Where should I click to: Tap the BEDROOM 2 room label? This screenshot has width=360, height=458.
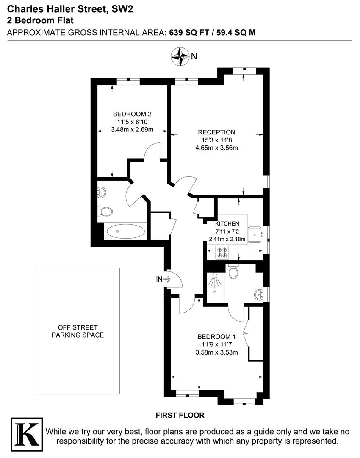[x=132, y=114]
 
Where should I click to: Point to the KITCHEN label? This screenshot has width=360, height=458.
[x=227, y=223]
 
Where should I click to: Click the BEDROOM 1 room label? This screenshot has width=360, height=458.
[x=216, y=337]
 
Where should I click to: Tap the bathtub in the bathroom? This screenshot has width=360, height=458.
[x=125, y=232]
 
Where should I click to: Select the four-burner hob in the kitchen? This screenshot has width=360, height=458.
[x=222, y=253]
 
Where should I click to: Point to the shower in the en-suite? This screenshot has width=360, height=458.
[x=214, y=282]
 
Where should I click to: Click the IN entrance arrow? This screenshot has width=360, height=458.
[x=163, y=279]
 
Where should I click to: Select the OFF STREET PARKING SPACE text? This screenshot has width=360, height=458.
[x=78, y=331]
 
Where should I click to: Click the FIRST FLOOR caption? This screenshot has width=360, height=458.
[x=180, y=415]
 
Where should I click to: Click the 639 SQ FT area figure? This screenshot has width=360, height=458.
[x=189, y=32]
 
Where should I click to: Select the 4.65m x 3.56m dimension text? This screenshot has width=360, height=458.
[x=216, y=148]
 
